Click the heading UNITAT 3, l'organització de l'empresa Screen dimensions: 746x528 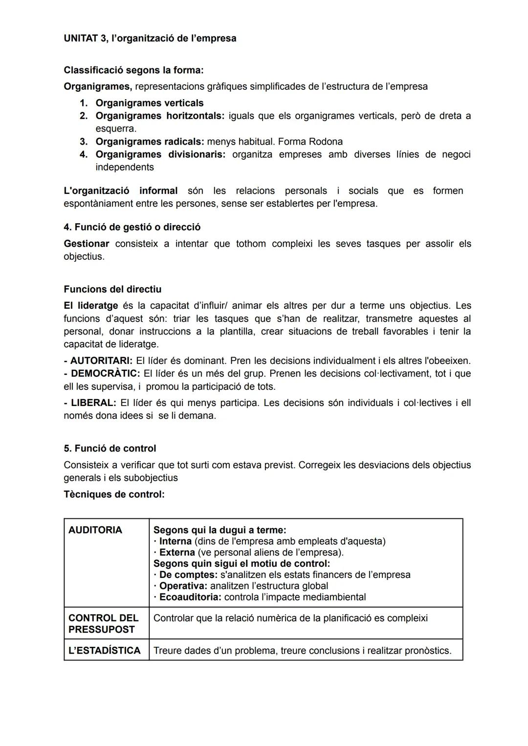[150, 38]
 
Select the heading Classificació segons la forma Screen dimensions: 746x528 [133, 70]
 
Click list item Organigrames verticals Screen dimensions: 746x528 [149, 103]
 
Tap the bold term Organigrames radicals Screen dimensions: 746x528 [149, 142]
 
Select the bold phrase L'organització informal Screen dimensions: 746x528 [120, 191]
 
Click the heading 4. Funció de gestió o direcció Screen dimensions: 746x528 [132, 227]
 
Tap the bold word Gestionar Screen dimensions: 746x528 [86, 244]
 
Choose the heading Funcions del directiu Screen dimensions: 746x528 [112, 289]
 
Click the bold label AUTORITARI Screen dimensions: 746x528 [101, 361]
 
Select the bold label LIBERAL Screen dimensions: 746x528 [93, 403]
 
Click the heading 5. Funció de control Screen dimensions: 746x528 [110, 448]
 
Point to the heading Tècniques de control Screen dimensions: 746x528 [114, 494]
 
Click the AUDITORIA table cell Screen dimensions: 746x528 [95, 530]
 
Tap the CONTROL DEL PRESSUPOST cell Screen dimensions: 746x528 [104, 623]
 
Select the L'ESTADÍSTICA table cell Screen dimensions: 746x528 [105, 650]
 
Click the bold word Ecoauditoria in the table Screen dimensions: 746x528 [190, 597]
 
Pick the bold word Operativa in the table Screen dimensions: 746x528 [183, 586]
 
